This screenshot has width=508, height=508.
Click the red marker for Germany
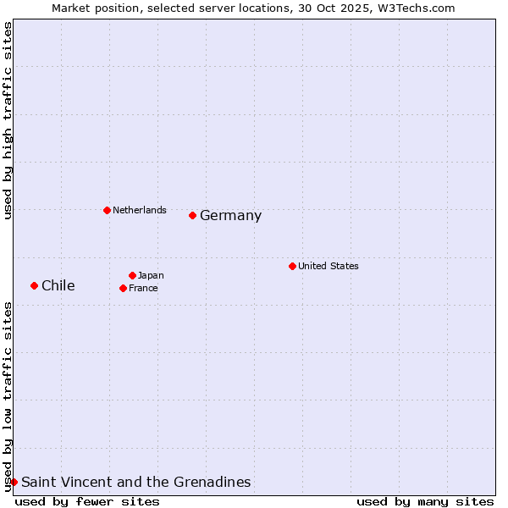coord(192,215)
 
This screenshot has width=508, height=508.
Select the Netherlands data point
coord(107,210)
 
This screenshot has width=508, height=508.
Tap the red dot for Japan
coord(132,275)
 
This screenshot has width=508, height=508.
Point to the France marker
coord(123,288)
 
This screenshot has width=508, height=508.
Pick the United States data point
coord(292,266)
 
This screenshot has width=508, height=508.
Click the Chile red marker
coord(34,285)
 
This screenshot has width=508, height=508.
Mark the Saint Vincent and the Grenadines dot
coord(14,482)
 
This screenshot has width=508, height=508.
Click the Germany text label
coord(230,216)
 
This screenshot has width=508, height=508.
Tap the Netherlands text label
coord(139,210)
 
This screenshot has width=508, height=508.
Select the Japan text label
coord(151,275)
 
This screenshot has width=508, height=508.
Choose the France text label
coord(143,288)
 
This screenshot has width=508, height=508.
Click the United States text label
coord(328,266)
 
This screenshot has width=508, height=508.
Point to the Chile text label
coord(58,285)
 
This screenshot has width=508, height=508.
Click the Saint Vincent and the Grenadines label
coord(135,482)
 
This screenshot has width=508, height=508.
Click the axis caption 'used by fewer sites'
coord(87,501)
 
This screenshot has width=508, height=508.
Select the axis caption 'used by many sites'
coord(425,501)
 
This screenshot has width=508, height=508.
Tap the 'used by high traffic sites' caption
coord(8,121)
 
